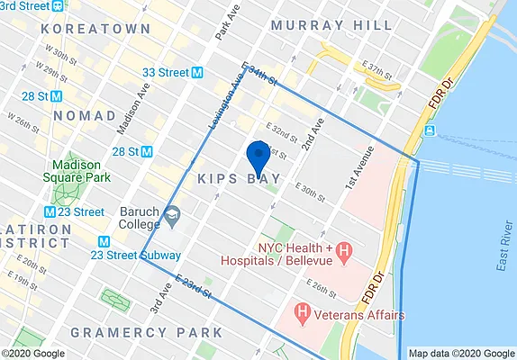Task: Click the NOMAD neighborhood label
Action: pos(85,116)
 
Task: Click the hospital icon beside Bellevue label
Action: pos(345,254)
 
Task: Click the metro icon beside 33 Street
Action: pos(196,72)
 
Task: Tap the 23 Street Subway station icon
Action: pos(104,241)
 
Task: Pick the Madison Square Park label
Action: pos(82,171)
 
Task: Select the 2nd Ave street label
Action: pos(312,131)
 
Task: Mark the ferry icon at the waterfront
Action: pos(431,131)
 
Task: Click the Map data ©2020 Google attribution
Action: pos(460,354)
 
